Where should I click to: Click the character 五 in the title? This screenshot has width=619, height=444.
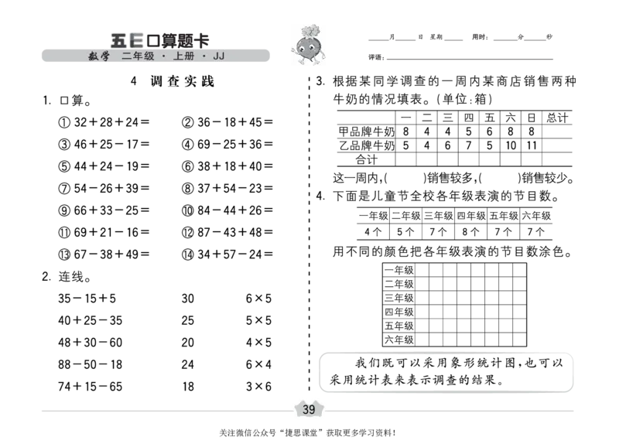click(118, 40)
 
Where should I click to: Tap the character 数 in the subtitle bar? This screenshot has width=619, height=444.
click(93, 56)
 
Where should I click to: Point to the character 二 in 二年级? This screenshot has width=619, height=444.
click(126, 56)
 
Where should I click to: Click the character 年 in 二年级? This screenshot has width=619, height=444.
click(138, 56)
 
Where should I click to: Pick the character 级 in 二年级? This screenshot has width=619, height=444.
click(149, 56)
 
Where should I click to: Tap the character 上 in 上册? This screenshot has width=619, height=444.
click(178, 56)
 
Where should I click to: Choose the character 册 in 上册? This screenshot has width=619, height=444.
click(190, 56)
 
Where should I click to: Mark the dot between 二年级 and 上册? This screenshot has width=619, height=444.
click(163, 56)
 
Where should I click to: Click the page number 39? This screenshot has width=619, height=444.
click(309, 409)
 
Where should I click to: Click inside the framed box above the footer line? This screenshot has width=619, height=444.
click(445, 374)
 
